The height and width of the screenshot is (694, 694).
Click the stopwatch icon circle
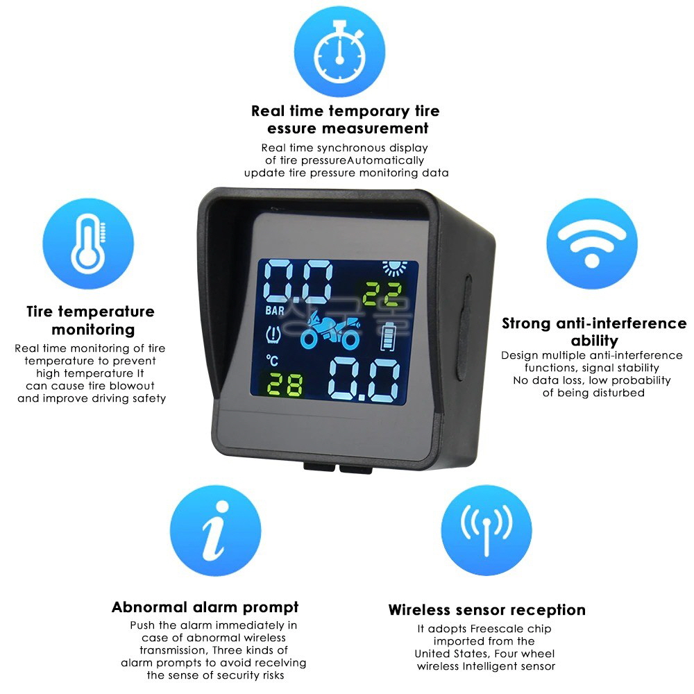(x=339, y=51)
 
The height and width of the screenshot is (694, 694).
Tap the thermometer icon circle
(x=88, y=244)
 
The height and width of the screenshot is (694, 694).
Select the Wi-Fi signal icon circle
(x=592, y=244)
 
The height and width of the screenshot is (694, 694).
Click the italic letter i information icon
(x=216, y=530)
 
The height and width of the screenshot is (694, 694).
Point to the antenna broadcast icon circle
(x=486, y=530)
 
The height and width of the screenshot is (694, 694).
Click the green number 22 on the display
(x=382, y=294)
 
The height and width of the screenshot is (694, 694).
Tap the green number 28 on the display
(x=285, y=384)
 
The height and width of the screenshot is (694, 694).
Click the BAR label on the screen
(x=274, y=311)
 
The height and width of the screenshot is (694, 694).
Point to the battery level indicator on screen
(x=388, y=337)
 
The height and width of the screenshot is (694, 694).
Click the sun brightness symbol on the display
(x=394, y=268)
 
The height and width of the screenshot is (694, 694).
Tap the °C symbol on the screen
(x=272, y=360)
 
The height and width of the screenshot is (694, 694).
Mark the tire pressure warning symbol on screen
(x=273, y=335)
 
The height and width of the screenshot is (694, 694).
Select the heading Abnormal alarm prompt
(x=205, y=607)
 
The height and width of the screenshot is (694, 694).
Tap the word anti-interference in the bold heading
(x=621, y=323)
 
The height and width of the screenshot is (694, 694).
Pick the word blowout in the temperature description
(x=133, y=385)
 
